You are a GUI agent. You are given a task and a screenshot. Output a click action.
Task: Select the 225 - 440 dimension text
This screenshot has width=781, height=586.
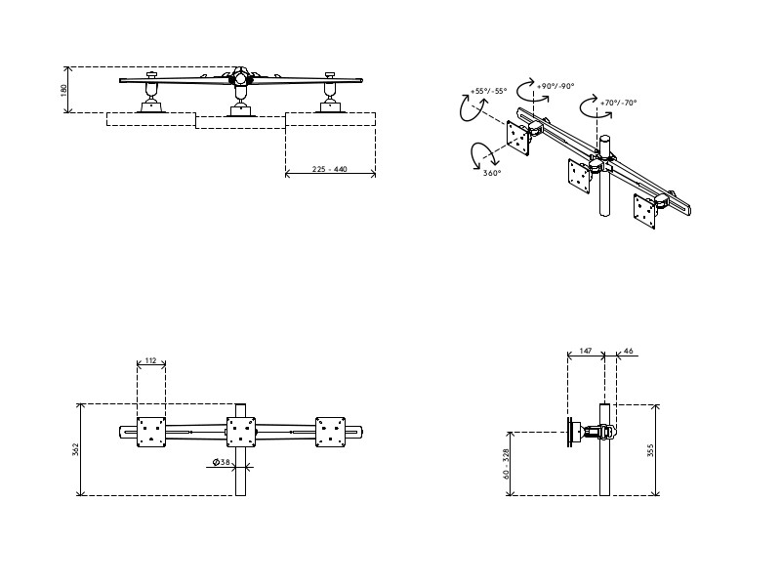[330, 169]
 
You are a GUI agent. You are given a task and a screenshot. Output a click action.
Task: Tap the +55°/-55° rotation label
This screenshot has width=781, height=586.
[488, 91]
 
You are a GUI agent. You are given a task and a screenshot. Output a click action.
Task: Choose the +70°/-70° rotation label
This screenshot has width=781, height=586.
[619, 103]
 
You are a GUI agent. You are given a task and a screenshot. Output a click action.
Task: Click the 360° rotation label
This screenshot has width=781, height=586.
[492, 173]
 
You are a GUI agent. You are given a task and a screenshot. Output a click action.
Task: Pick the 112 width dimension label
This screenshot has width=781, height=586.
[150, 361]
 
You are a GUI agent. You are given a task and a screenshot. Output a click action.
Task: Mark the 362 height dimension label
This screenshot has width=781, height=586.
[75, 449]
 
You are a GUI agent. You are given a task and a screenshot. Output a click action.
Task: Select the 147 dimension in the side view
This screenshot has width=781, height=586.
[586, 349]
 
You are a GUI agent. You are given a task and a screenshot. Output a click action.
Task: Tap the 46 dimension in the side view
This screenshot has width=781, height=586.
[628, 349]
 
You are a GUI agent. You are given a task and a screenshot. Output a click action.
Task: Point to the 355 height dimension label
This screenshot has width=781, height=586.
[663, 449]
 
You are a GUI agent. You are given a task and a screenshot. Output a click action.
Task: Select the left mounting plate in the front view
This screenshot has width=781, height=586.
[151, 432]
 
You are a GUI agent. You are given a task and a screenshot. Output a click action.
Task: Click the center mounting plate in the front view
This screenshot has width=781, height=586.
[241, 432]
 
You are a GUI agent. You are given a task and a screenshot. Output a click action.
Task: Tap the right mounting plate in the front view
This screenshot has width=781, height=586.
[330, 432]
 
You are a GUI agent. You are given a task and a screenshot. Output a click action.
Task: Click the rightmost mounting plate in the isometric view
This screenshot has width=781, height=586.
[645, 210]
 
